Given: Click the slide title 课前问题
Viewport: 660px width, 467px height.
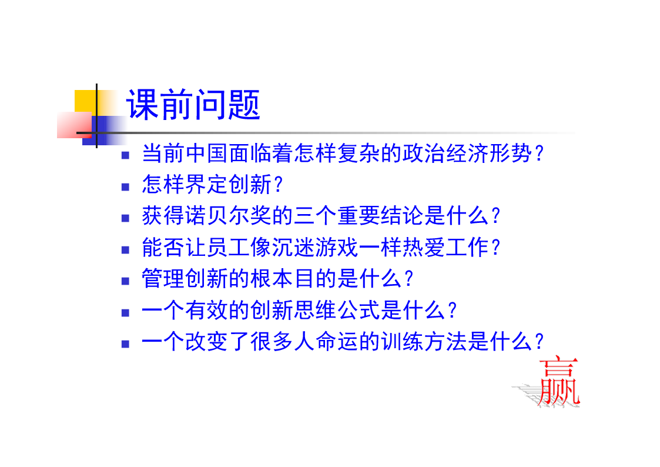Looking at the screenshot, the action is tap(193, 105).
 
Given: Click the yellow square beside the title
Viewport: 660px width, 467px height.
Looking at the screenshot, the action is tap(86, 101).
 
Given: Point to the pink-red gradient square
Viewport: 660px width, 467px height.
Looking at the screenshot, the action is tap(75, 125).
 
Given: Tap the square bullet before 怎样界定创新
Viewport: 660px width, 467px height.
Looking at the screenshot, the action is tap(125, 186).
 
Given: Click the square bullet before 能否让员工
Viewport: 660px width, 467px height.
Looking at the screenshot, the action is tap(125, 250).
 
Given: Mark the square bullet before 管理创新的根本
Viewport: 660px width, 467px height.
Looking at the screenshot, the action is tap(125, 281).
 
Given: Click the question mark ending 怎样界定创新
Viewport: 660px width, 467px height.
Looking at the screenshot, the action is tap(278, 185).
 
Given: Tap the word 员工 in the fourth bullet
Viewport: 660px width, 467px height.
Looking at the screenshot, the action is tap(229, 247).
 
